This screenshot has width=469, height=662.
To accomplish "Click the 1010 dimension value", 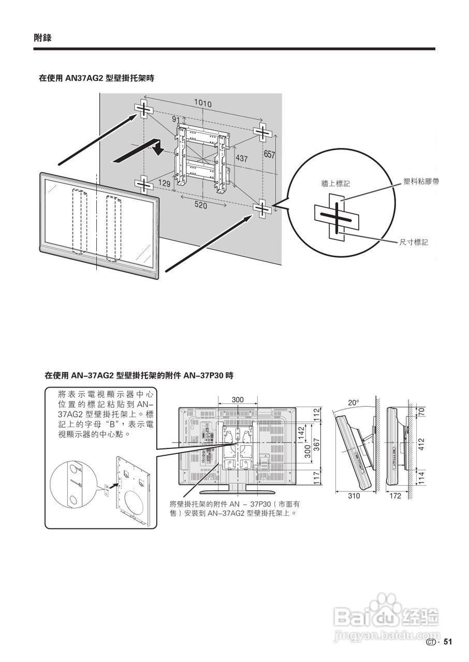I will point(203,103).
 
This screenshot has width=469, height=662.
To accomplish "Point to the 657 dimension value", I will point(270,155).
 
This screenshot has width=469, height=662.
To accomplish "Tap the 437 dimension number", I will point(242,159).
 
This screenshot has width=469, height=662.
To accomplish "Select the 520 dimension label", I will point(201,205).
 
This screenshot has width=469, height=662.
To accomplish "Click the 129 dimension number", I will point(165,184).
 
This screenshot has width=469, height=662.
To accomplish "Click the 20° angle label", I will point(353,402).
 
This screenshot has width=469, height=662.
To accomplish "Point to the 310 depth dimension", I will point(354,495).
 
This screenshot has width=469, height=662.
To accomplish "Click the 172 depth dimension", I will point(395,495).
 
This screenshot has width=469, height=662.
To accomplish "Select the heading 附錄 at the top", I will point(42,38).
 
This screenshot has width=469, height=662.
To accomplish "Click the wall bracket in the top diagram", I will point(202,155).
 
